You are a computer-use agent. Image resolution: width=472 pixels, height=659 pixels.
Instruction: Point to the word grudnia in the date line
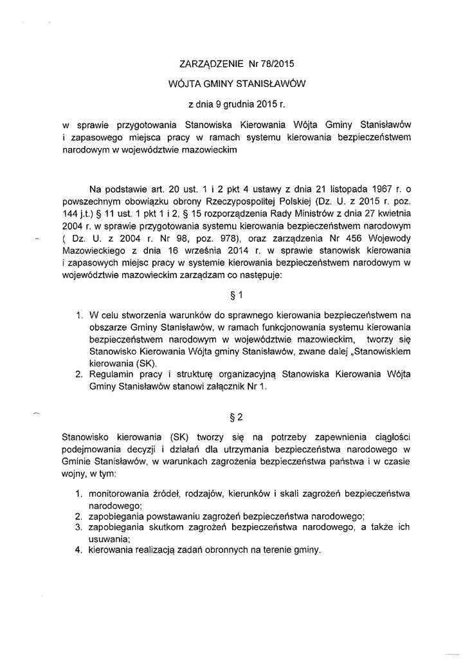point(236,103)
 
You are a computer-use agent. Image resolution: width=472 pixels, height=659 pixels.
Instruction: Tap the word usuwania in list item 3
point(109,539)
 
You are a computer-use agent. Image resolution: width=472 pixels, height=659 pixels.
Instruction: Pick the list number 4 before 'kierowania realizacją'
point(77,551)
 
